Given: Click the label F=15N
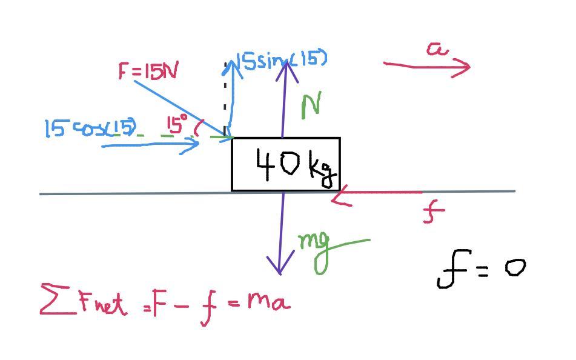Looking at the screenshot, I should coord(148,72).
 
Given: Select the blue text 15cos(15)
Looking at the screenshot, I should coord(91,128).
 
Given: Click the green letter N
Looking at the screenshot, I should coord(310,107).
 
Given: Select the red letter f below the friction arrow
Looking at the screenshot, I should coord(432,213).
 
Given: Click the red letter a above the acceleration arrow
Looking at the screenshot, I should coord(437,49).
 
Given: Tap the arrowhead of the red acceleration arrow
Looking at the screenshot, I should coord(468,66).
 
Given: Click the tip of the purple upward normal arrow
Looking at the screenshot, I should coord(286,60).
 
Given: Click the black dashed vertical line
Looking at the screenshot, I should coord(225,97).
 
